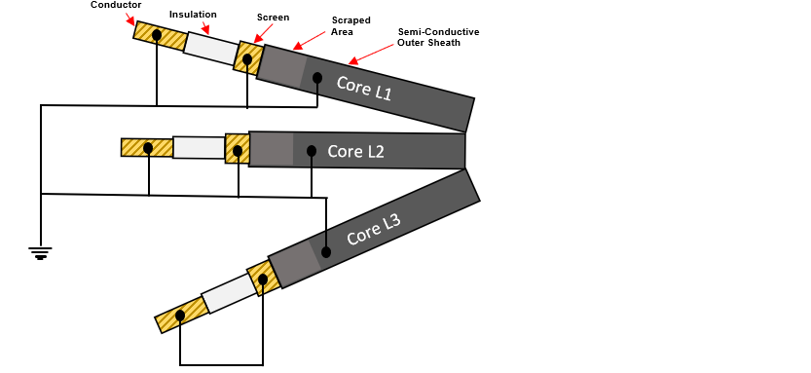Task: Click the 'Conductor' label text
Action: [115, 5]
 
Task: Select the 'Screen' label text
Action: [273, 18]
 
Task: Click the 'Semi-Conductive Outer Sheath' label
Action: [437, 37]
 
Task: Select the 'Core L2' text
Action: [356, 151]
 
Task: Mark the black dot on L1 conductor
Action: [157, 35]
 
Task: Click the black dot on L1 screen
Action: [247, 59]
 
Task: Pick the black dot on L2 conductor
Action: [147, 148]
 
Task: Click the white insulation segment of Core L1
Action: [211, 47]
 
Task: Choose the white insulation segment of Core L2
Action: [199, 147]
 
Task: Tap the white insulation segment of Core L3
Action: [227, 292]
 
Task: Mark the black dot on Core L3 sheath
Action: [326, 252]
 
